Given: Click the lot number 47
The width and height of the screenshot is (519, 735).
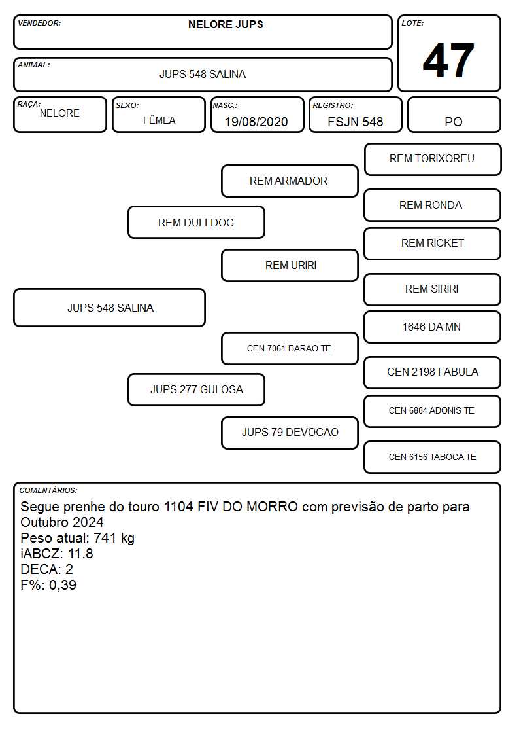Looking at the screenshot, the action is pyautogui.click(x=448, y=60).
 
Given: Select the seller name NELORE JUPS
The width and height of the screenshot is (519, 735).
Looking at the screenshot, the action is pyautogui.click(x=226, y=24).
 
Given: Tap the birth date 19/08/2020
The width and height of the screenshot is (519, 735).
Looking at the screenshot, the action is pyautogui.click(x=256, y=122).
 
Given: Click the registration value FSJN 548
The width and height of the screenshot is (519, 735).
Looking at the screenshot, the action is pyautogui.click(x=355, y=122).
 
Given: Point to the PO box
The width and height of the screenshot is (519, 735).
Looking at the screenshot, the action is pyautogui.click(x=454, y=115).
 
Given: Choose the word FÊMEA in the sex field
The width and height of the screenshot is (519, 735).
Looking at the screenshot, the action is pyautogui.click(x=159, y=120).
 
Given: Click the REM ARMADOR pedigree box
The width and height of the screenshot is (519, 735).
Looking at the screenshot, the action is pyautogui.click(x=290, y=181).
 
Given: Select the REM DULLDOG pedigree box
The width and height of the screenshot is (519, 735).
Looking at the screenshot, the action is pyautogui.click(x=196, y=223).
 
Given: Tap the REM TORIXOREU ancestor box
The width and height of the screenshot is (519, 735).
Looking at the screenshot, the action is pyautogui.click(x=433, y=160).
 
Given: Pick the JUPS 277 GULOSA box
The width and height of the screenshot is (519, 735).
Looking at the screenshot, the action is pyautogui.click(x=196, y=389).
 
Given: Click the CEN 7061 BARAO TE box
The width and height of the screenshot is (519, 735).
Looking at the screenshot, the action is pyautogui.click(x=290, y=348).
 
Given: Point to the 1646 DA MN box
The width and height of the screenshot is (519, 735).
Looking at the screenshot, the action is pyautogui.click(x=433, y=327).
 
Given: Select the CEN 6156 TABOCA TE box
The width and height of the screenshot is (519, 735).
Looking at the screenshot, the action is pyautogui.click(x=433, y=457).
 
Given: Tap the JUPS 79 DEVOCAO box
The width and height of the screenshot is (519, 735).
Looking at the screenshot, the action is pyautogui.click(x=290, y=433).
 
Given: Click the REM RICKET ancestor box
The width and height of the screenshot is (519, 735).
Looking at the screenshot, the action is pyautogui.click(x=433, y=243).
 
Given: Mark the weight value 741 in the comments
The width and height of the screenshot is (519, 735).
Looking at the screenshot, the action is pyautogui.click(x=105, y=537).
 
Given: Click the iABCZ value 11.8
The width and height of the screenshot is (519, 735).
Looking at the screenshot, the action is pyautogui.click(x=80, y=554).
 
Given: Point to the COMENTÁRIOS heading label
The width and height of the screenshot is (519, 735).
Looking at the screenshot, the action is pyautogui.click(x=48, y=490).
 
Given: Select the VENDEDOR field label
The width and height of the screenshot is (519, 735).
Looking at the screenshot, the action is pyautogui.click(x=39, y=23).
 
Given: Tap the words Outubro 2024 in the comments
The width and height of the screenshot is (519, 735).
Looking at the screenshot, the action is pyautogui.click(x=62, y=522).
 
